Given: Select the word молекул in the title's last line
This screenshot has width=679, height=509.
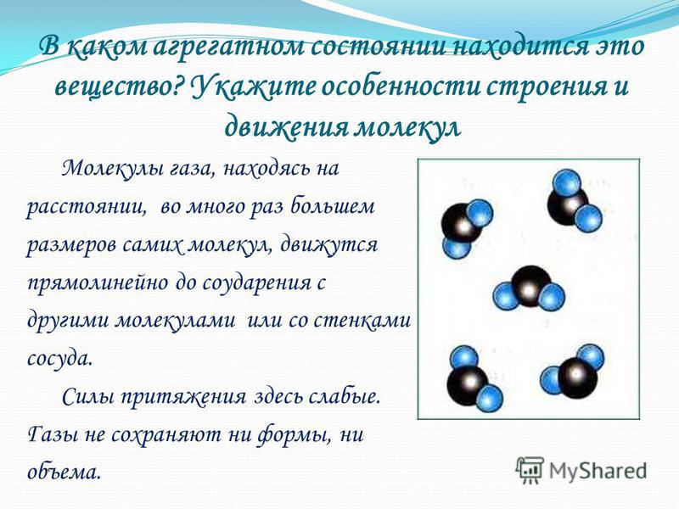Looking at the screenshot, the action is point(407,126).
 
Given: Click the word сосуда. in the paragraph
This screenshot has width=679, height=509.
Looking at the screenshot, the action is point(59,358).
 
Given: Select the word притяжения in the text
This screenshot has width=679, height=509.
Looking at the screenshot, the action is point(182,397).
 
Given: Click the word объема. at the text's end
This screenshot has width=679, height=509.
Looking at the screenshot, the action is point(64,472).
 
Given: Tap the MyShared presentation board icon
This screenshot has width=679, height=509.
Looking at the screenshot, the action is point(530,470).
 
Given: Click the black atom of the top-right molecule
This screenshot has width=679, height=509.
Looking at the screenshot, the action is point(567,204).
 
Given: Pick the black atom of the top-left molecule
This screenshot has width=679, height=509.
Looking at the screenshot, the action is point(461,225).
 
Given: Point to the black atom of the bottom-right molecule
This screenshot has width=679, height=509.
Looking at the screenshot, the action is point(577,375).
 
